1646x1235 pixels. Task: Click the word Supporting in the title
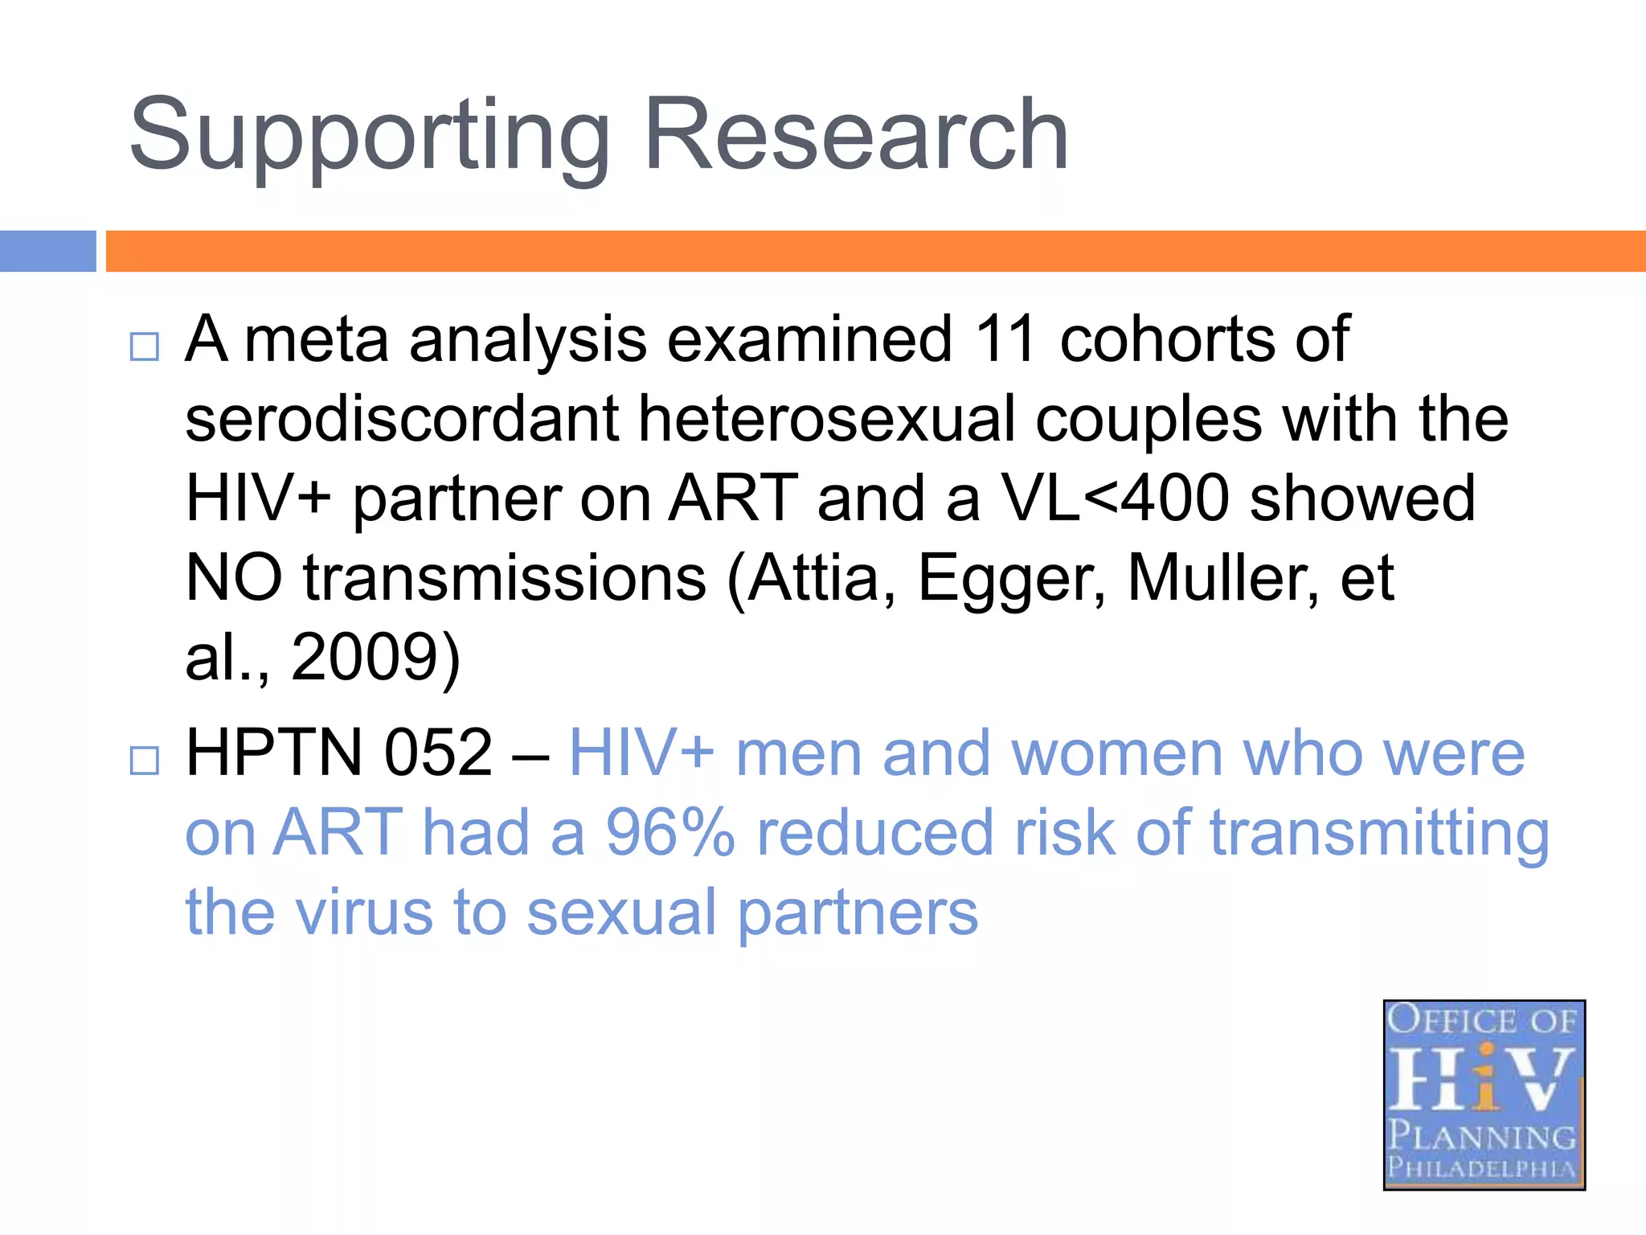[369, 137]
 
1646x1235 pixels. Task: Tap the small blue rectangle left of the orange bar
[47, 251]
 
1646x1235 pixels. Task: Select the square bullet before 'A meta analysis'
[145, 347]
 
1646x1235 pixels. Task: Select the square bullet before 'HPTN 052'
[145, 759]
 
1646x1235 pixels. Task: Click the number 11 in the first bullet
[1005, 339]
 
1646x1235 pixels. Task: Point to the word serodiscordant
[402, 419]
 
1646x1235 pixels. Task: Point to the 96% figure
[670, 833]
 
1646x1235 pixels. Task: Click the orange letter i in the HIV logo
[1486, 1077]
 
